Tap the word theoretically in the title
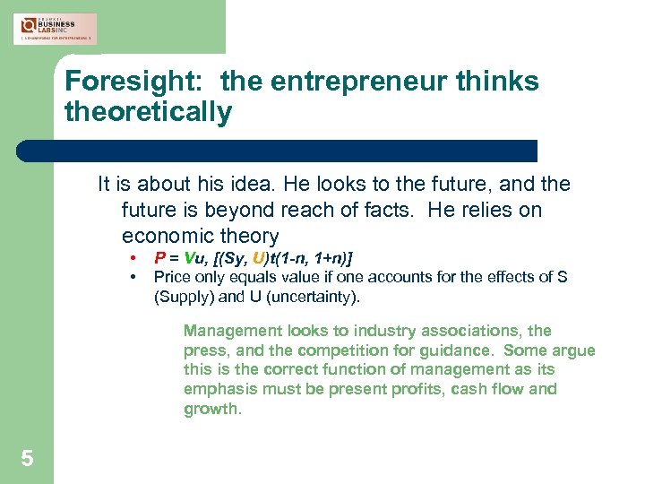coord(148,112)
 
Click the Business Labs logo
coord(56,28)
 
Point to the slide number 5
coord(28,459)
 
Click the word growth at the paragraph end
coord(211,409)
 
